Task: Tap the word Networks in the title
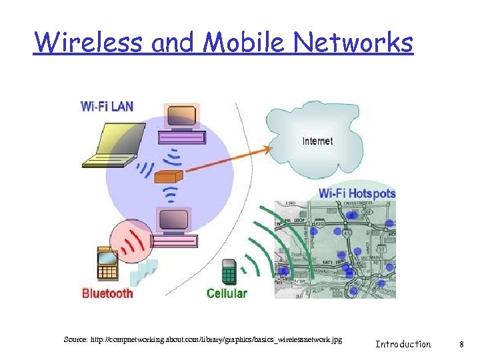tap(354, 43)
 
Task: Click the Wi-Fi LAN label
tap(107, 105)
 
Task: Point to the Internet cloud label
tap(317, 141)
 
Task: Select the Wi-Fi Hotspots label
tap(357, 193)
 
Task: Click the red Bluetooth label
tap(107, 293)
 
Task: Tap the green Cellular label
tap(227, 293)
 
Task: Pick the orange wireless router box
tap(167, 177)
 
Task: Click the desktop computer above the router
tap(181, 124)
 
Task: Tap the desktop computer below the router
tap(173, 227)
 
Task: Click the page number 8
tap(461, 344)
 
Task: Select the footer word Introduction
tap(403, 344)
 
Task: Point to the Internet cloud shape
tap(313, 133)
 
